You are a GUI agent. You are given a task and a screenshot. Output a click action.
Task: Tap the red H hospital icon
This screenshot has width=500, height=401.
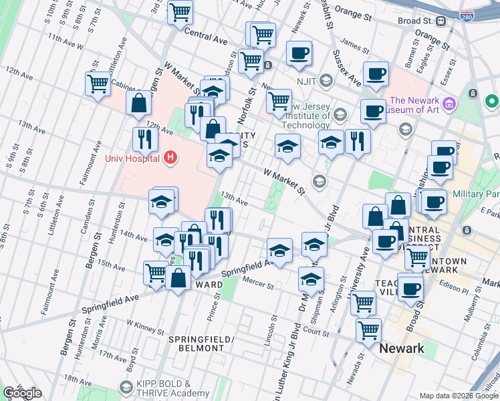(171, 158)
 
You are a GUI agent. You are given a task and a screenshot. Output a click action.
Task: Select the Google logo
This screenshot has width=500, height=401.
(22, 393)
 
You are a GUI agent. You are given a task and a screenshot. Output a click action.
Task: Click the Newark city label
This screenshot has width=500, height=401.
(401, 348)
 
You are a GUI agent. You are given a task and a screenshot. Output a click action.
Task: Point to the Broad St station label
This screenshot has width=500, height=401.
(418, 21)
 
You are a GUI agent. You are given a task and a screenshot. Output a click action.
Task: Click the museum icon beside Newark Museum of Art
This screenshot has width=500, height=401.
(449, 105)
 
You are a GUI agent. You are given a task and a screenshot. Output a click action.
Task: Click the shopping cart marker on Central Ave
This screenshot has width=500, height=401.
(180, 11)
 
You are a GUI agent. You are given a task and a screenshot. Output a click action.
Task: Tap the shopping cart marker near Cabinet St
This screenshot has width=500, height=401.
(98, 85)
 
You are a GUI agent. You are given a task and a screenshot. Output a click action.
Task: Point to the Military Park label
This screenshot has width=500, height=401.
(476, 193)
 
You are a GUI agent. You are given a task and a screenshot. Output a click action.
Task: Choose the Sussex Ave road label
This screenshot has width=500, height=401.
(347, 70)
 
